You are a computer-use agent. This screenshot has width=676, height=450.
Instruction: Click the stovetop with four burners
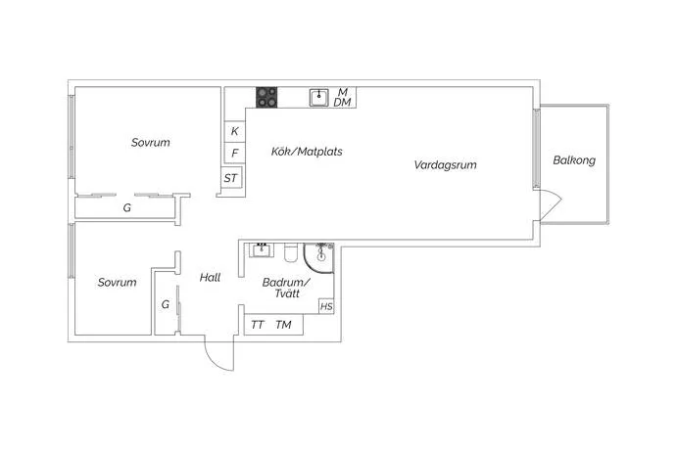click(266, 97)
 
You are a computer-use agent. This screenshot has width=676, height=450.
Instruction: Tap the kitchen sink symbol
click(319, 97)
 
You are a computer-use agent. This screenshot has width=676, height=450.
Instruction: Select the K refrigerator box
click(234, 131)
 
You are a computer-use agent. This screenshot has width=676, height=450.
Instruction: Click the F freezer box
click(234, 153)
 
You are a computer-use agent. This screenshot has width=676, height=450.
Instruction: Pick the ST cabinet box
click(231, 177)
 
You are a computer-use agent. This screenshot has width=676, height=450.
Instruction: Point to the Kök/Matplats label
click(307, 152)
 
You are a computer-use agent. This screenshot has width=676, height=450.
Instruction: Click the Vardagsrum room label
click(446, 165)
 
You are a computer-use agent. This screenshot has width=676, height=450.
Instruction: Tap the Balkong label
click(574, 160)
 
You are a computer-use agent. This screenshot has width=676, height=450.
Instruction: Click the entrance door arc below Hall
click(213, 361)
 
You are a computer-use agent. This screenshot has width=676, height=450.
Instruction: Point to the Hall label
click(210, 277)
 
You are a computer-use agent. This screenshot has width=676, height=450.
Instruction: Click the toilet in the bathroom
click(291, 252)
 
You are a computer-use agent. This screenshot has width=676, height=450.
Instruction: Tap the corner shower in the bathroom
click(319, 257)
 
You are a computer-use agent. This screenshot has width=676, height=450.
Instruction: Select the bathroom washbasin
click(261, 249)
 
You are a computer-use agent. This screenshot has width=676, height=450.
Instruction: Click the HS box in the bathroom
click(326, 306)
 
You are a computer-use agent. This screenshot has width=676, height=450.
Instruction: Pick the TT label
click(257, 325)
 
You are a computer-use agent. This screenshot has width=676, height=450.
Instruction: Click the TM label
click(283, 325)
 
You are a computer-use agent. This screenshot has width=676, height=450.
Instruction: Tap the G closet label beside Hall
click(166, 305)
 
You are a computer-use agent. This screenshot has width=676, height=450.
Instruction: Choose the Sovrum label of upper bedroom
click(151, 143)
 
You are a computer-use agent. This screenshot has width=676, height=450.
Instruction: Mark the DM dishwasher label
click(342, 103)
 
